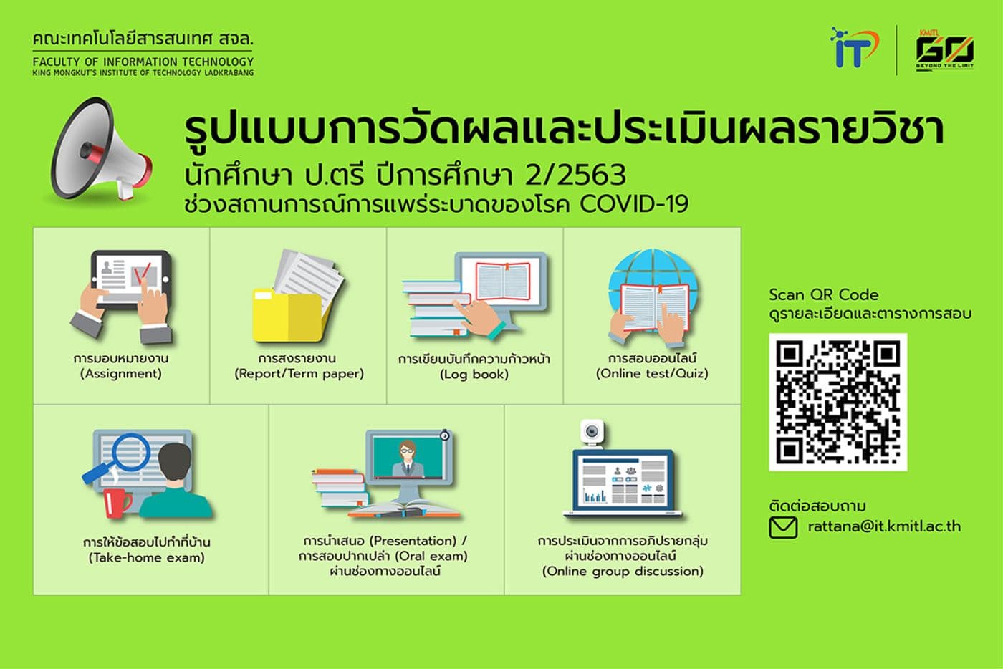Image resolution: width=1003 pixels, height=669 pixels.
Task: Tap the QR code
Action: pos(838,402)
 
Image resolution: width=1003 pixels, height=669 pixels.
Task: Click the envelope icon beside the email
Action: pos(782,528)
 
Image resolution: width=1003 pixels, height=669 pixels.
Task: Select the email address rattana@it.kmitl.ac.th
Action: pos(884,526)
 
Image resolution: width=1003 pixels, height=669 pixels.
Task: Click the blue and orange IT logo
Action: pos(853,48)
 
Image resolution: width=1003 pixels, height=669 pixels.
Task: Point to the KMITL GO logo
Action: pos(944,49)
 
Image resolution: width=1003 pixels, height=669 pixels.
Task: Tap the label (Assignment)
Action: pos(121,374)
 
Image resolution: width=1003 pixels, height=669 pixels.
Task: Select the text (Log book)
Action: pos(474,375)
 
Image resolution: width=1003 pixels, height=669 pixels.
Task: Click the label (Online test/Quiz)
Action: pos(652,374)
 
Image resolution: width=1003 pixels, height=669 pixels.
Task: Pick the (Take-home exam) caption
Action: pos(147,558)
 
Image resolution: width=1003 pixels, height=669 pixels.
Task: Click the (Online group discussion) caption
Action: pos(623,572)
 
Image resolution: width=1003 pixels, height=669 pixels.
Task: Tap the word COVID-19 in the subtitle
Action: pos(634,204)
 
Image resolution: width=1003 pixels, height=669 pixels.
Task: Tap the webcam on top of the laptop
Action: pos(592,432)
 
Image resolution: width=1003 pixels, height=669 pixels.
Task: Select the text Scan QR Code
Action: pos(823,294)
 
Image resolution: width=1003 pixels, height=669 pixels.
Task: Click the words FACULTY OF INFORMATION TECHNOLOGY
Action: pos(143,62)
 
